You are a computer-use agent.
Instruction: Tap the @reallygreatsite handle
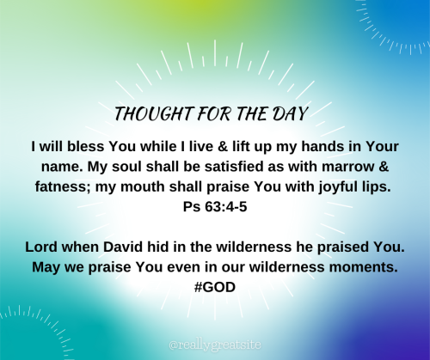pyautogui.click(x=214, y=343)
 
